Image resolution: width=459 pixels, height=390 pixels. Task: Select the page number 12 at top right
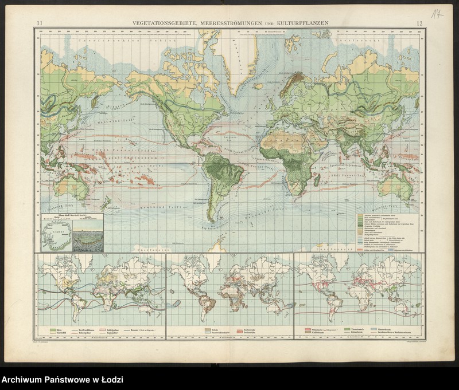click(420, 22)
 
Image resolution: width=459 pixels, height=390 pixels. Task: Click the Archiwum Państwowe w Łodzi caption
click(61, 380)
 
